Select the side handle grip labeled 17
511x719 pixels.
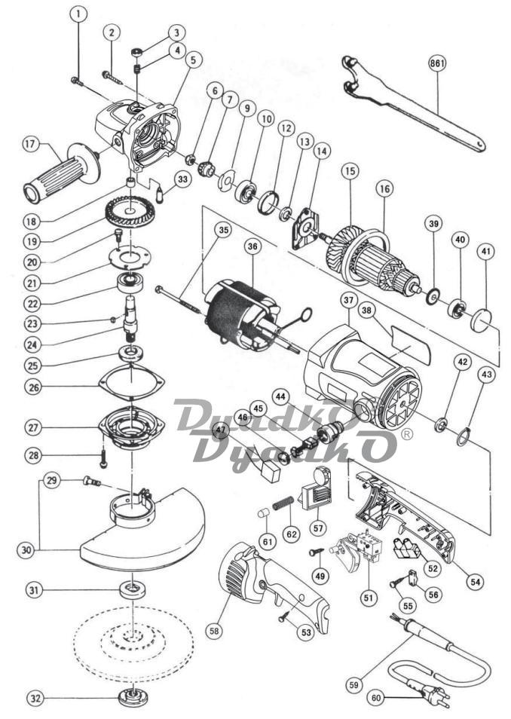[x=62, y=173]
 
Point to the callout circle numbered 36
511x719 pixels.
[x=252, y=246]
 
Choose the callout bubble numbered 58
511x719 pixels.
[x=214, y=631]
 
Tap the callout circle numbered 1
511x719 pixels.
[x=78, y=14]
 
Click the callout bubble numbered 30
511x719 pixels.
[x=28, y=549]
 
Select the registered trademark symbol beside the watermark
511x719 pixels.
[x=406, y=433]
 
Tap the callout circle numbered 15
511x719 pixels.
[x=350, y=172]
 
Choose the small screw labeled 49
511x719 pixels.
[x=317, y=552]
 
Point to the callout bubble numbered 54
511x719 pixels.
[x=476, y=581]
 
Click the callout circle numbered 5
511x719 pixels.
[x=193, y=60]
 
